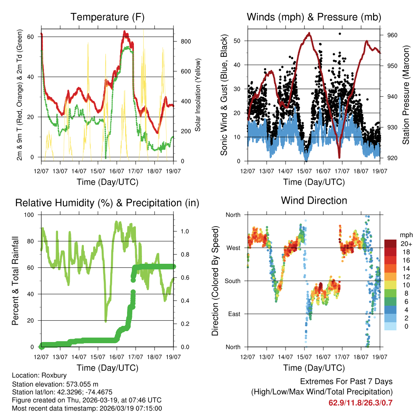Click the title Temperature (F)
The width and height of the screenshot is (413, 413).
[107, 17]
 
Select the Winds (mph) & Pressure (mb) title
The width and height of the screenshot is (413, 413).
[314, 17]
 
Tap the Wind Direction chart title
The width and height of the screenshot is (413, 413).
[314, 200]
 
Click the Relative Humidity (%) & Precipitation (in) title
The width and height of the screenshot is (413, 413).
[107, 203]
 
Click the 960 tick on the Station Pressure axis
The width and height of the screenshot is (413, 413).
[392, 35]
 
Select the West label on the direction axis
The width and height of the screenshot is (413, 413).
[233, 248]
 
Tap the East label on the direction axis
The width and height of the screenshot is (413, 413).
[234, 314]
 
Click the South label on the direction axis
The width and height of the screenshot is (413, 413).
[232, 281]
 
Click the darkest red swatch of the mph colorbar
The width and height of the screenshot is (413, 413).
[390, 243]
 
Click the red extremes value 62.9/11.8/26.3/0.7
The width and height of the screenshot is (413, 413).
[361, 403]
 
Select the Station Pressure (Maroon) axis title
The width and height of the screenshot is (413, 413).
[406, 95]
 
